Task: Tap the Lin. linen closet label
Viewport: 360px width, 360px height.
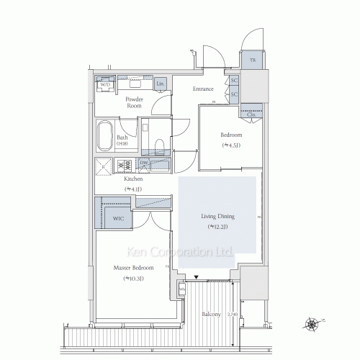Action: [158, 84]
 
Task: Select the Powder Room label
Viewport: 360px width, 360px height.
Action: [135, 102]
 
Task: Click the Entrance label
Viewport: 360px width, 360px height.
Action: [203, 89]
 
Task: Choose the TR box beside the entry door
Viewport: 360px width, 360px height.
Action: [252, 60]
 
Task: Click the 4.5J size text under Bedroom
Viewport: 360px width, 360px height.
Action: [230, 145]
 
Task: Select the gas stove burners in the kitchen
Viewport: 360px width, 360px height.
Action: [124, 166]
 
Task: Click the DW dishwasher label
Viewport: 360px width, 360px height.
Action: [144, 164]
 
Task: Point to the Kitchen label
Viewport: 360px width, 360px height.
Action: [132, 179]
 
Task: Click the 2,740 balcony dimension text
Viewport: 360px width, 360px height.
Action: [231, 314]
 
